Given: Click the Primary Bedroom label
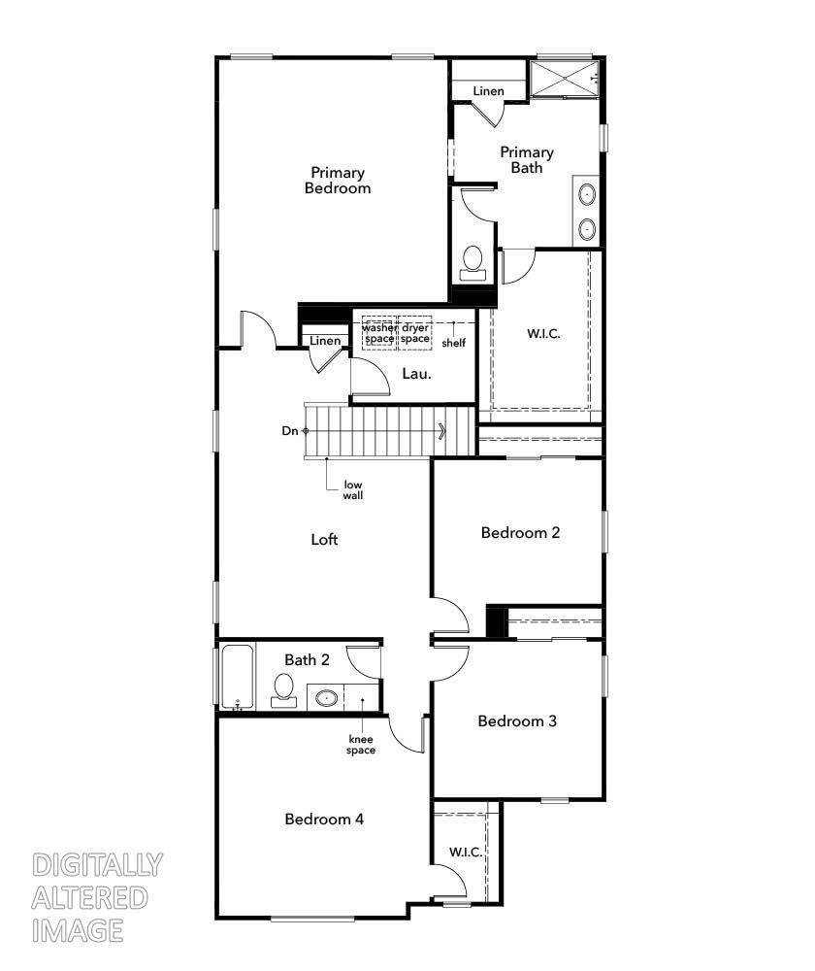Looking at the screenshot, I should (338, 181).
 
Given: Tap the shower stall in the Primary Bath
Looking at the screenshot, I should (564, 79).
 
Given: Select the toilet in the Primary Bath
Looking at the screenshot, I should (473, 261).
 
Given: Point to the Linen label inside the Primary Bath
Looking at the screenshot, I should (488, 91).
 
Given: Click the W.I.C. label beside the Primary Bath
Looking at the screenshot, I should (543, 333).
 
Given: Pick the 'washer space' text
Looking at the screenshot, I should (379, 333).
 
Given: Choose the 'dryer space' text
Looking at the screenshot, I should (415, 333).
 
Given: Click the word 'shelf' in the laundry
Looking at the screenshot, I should (453, 343).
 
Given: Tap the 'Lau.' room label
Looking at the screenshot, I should (417, 373).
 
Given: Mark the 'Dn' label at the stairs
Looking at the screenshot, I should (290, 431).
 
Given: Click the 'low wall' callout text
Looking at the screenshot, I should (352, 489).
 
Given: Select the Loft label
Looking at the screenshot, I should (324, 539).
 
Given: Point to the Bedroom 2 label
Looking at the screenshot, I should (521, 532).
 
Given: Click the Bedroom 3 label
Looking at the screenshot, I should (517, 721).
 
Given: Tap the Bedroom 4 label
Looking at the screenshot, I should (324, 819).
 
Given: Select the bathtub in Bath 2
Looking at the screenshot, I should (236, 676).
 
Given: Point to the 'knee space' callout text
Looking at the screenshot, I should (362, 745).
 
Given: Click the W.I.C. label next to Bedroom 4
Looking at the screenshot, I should (466, 852).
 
